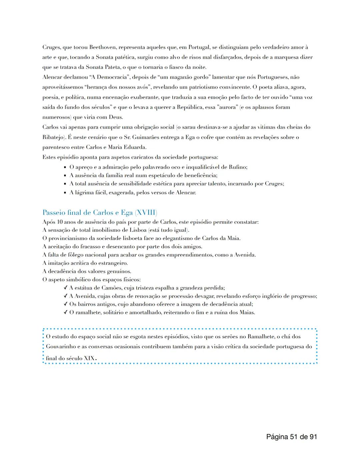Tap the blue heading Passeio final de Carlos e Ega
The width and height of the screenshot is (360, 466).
(100, 212)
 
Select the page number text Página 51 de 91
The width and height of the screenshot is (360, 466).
(291, 437)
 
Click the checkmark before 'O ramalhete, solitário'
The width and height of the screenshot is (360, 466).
(65, 313)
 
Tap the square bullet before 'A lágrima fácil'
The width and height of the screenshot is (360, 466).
(65, 193)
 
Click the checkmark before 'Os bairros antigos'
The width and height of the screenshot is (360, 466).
(65, 304)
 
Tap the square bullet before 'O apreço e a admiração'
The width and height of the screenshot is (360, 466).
(65, 167)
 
